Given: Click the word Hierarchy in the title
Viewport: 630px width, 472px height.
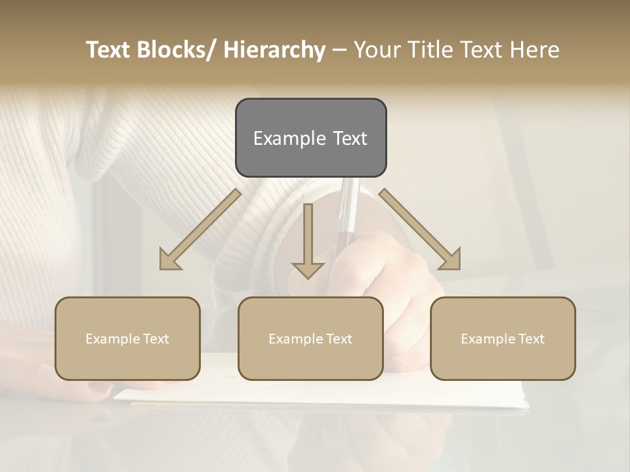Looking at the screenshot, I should click(x=274, y=50).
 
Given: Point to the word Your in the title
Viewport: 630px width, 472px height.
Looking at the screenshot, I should click(x=375, y=50).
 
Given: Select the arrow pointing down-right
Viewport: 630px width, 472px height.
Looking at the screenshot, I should click(x=420, y=230).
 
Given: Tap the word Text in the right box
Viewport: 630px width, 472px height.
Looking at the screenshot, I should click(x=531, y=339).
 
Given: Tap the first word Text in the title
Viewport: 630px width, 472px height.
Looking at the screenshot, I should click(x=110, y=50).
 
